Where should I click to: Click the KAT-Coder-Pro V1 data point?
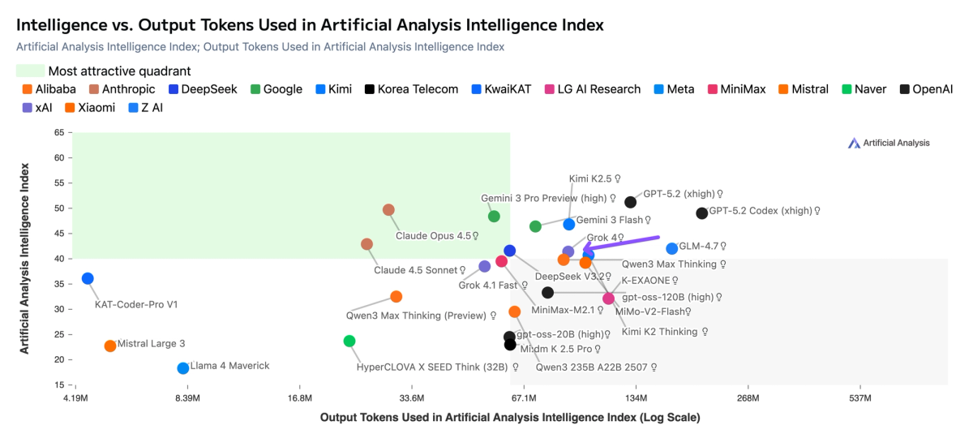coord(88,279)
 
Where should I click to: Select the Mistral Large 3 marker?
coord(110,346)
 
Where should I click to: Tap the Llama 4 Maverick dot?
coord(183,368)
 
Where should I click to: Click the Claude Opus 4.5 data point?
coord(388,210)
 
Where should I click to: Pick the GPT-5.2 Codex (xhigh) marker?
coord(702,213)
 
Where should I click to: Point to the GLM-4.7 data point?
coord(671,249)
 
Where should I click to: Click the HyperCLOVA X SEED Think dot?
coord(349,341)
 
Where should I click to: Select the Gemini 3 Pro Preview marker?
coord(494,217)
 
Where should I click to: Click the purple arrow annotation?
coord(621,243)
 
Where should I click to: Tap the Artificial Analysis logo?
coord(889,143)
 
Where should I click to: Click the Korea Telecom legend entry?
coord(411,89)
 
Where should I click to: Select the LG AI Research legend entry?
coord(593,89)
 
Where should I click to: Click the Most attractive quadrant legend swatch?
coord(30,71)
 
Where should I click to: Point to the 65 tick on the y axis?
coord(59,132)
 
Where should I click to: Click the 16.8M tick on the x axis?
coord(299,398)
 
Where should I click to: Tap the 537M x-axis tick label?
coord(859,398)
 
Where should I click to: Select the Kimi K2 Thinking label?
coord(659,332)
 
